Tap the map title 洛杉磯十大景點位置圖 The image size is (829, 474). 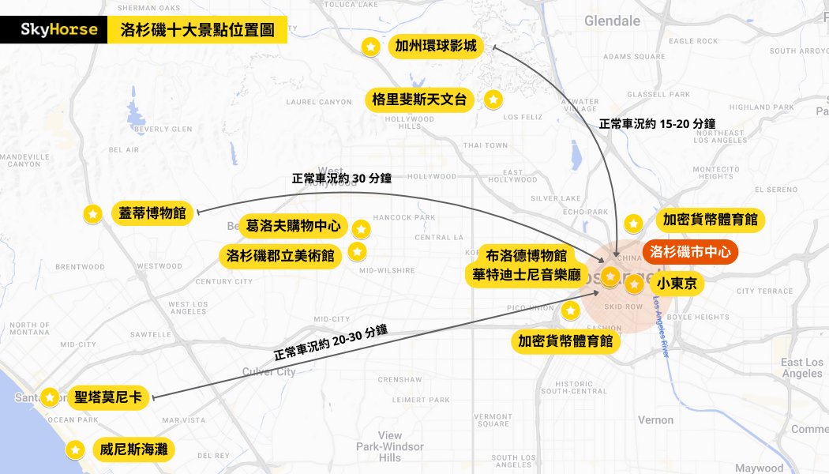tap(197, 31)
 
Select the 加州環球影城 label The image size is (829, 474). tap(436, 47)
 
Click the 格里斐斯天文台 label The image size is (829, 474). tap(420, 100)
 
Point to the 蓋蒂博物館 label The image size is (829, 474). tap(152, 213)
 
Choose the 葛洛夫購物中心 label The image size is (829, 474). tap(293, 226)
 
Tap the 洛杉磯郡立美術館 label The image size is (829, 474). tap(280, 256)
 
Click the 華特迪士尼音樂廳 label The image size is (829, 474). tap(527, 275)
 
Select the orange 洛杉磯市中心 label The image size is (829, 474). tap(690, 252)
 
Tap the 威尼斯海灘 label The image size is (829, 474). tap(132, 450)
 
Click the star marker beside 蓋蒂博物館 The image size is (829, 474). tap(92, 213)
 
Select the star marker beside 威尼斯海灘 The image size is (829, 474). tap(76, 450)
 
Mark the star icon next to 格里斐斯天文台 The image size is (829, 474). tap(493, 100)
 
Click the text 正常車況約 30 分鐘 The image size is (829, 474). tap(342, 179)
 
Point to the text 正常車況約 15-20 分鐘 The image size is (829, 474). tap(657, 123)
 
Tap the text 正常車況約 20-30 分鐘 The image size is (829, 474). tap(331, 342)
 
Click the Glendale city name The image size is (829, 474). tap(612, 21)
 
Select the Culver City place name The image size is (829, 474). tap(268, 371)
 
